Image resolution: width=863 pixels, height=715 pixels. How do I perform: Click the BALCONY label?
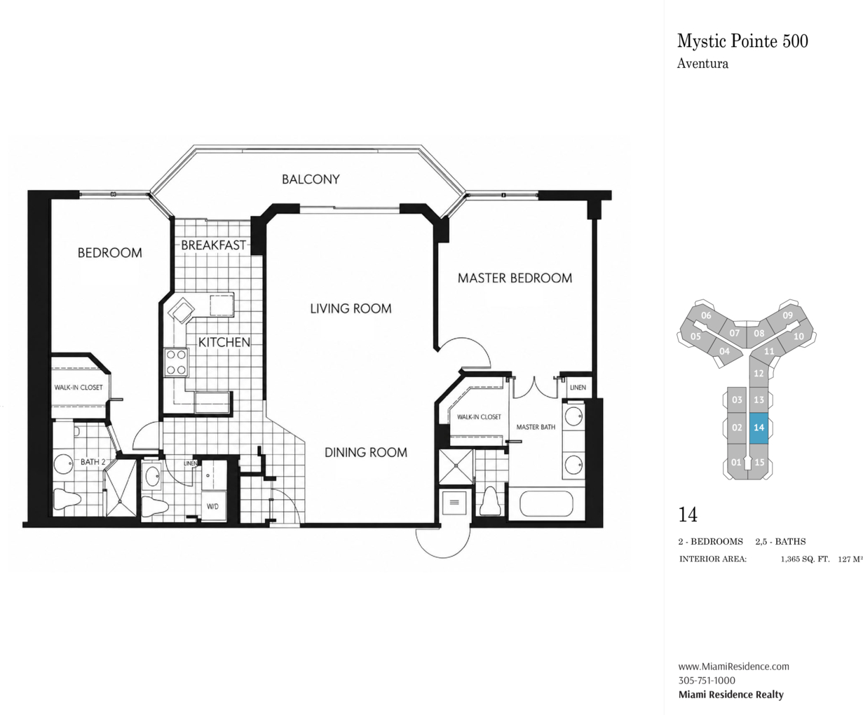[x=311, y=179]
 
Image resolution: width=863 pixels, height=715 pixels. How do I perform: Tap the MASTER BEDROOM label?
[x=515, y=278]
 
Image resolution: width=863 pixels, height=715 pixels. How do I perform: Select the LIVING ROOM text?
[x=351, y=308]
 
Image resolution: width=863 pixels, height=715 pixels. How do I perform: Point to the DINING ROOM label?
[x=366, y=453]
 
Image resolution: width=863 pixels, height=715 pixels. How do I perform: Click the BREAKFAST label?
[x=214, y=245]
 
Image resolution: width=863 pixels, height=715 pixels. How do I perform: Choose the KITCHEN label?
[x=224, y=342]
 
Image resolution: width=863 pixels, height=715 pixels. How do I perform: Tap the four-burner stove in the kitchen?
[x=177, y=362]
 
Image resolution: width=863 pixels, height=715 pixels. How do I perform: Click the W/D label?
[x=212, y=507]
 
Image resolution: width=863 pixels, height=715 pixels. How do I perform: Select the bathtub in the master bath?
[x=546, y=503]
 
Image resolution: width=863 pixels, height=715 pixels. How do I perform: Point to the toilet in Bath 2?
[x=67, y=499]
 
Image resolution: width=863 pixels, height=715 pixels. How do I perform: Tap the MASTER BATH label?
[x=536, y=427]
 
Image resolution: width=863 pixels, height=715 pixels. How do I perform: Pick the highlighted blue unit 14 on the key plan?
[x=759, y=428]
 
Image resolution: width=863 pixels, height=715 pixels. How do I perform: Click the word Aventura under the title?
[x=702, y=64]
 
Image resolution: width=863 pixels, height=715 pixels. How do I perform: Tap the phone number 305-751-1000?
[x=707, y=680]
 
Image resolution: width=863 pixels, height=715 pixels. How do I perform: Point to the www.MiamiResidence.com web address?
[x=733, y=666]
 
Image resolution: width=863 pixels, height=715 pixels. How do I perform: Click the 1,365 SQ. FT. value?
[x=805, y=559]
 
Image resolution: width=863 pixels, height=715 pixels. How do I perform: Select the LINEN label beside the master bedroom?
[x=578, y=387]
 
